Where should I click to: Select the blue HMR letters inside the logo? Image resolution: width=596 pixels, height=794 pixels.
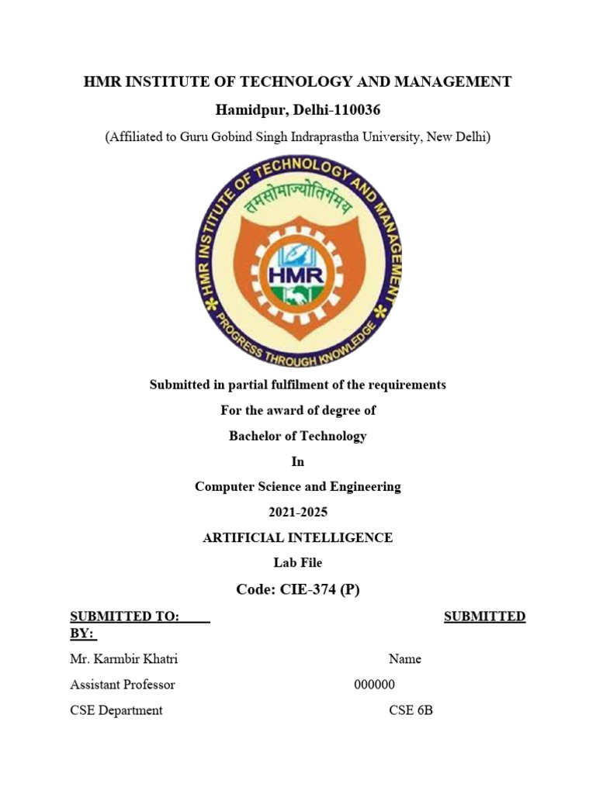(x=297, y=275)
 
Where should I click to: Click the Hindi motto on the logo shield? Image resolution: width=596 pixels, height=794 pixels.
(x=298, y=204)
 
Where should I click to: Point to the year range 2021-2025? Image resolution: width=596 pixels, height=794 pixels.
(x=297, y=513)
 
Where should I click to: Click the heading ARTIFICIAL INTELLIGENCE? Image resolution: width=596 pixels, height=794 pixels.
(x=297, y=537)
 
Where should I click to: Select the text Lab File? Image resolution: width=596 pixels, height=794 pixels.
(x=297, y=563)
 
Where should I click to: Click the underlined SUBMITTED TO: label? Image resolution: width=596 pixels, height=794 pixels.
(x=125, y=616)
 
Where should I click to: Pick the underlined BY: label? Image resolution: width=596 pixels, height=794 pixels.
(x=82, y=633)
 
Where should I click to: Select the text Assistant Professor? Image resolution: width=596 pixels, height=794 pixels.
(x=123, y=685)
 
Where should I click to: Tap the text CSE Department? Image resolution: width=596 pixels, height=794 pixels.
(x=116, y=710)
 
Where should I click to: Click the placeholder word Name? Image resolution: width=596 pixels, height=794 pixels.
(x=405, y=659)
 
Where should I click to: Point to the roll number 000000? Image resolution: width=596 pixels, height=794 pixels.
(x=375, y=685)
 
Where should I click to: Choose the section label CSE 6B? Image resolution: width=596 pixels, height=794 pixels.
(x=411, y=710)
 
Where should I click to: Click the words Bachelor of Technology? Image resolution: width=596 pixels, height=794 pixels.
(x=297, y=436)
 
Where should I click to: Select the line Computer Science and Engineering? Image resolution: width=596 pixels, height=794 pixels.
(x=297, y=487)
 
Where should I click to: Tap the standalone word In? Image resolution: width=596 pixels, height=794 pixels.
(x=297, y=461)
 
